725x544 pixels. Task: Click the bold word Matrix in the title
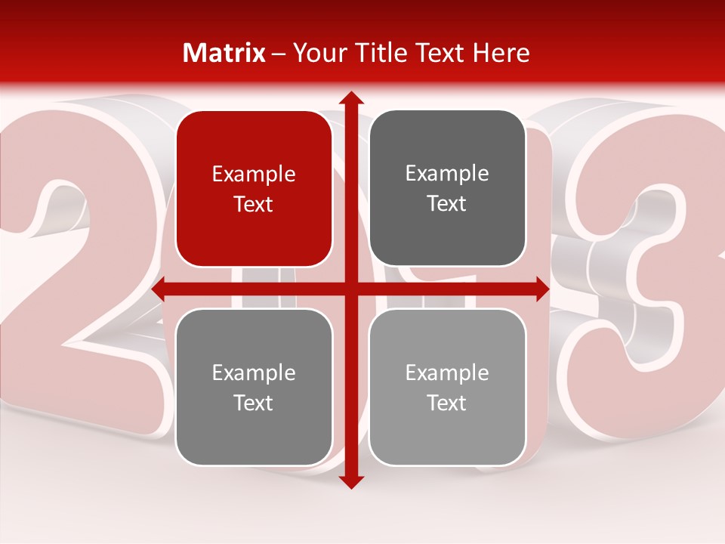pos(224,53)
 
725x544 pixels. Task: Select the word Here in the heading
pos(501,53)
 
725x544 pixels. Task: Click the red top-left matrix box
pos(254,188)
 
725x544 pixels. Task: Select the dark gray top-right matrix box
pos(447,188)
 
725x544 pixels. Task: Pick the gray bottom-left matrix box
pos(254,387)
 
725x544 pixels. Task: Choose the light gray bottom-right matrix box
pos(447,387)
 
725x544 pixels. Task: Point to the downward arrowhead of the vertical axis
pos(350,481)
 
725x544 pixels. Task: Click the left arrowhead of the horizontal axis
pos(159,289)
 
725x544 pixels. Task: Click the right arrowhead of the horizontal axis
pos(542,289)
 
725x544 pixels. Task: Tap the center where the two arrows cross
pos(350,289)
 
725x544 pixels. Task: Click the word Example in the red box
pos(254,174)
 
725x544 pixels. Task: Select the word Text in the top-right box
pos(447,204)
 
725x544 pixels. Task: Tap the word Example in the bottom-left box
pos(254,372)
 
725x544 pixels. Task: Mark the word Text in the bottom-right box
pos(447,403)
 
